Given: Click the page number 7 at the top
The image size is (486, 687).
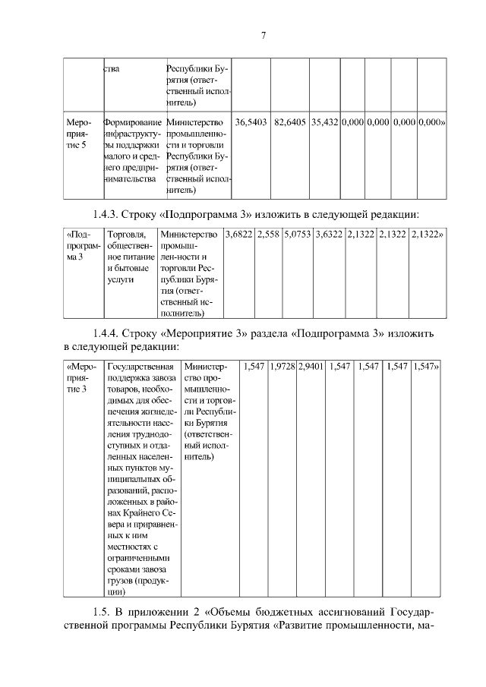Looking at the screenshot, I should point(263,36).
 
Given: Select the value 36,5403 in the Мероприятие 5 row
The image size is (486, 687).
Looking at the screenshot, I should point(251,122).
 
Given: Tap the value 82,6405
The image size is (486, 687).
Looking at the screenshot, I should point(290,122).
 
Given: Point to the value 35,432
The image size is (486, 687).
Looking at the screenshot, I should point(324,122).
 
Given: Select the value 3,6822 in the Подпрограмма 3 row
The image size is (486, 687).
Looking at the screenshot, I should point(238,235).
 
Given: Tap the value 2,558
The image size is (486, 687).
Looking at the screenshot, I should point(268,235).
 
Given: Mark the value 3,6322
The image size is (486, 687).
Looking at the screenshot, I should point(330,235).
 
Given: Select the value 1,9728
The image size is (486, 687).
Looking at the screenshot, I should point(282,366).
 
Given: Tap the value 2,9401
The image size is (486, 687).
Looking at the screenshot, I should point(311,366).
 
